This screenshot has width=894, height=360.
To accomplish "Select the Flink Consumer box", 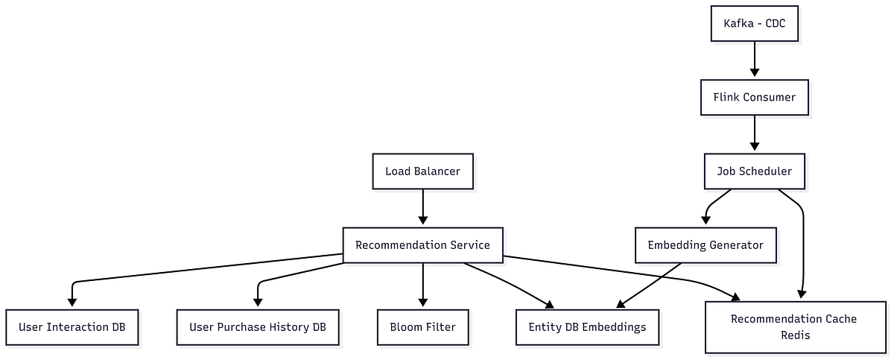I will tap(755, 97).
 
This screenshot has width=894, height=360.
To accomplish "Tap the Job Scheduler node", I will tap(755, 171).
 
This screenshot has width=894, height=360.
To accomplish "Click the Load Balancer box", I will tap(422, 171).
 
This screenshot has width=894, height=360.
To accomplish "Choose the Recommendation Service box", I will tap(422, 245).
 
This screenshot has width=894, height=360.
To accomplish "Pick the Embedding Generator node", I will tap(705, 245).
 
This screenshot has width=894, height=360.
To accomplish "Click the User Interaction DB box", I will tap(72, 327).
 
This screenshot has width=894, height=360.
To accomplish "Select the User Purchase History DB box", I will tap(258, 327).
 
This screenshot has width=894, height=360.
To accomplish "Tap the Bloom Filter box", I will tap(422, 327).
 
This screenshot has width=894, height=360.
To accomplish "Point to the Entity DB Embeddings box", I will tap(587, 327).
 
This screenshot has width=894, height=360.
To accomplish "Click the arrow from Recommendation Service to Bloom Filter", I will tap(422, 283).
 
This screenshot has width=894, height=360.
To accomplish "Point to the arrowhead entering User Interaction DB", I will tap(72, 302).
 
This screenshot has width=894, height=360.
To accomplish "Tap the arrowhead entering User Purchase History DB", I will tap(258, 302).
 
